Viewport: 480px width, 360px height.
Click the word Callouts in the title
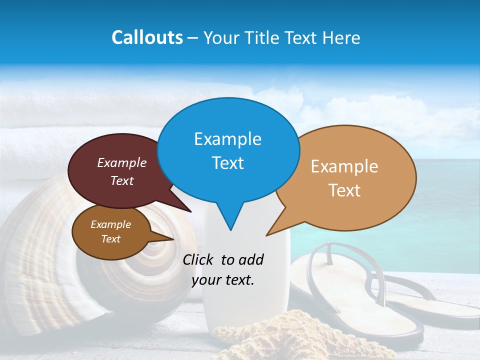tap(147, 37)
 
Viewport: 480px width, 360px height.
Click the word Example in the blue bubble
tap(227, 139)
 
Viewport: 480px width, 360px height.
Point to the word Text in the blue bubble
tap(227, 163)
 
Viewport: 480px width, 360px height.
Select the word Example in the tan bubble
tap(344, 166)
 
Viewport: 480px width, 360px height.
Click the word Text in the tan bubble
tap(344, 190)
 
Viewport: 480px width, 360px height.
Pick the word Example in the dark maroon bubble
tap(122, 162)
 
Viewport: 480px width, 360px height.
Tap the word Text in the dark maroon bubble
tap(122, 180)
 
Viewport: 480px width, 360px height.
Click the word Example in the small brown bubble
tap(111, 224)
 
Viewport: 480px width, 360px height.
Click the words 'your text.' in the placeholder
tap(223, 280)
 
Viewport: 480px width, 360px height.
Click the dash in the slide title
tap(193, 37)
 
